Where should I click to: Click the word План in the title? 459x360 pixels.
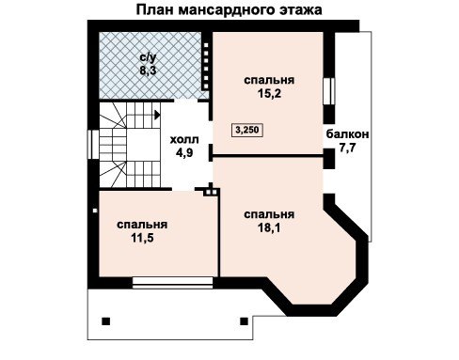154,9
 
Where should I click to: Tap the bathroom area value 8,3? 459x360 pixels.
148,70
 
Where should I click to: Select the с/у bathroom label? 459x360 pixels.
148,57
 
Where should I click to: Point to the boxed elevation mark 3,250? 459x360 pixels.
247,130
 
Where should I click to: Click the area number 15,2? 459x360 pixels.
269,93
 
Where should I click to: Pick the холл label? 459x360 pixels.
184,139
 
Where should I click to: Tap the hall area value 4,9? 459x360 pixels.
184,152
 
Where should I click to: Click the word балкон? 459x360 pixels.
347,134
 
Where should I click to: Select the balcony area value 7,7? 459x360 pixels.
347,148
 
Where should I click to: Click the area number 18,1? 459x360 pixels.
269,227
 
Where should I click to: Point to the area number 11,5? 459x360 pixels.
142,238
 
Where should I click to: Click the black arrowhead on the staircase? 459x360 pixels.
157,115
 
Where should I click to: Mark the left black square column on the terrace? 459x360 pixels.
106,321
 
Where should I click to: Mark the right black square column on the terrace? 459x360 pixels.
244,321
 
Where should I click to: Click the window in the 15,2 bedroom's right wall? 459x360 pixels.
329,91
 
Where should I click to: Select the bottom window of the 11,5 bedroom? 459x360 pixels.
172,282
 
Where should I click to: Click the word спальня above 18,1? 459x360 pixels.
269,214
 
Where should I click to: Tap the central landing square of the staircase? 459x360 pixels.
144,146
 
